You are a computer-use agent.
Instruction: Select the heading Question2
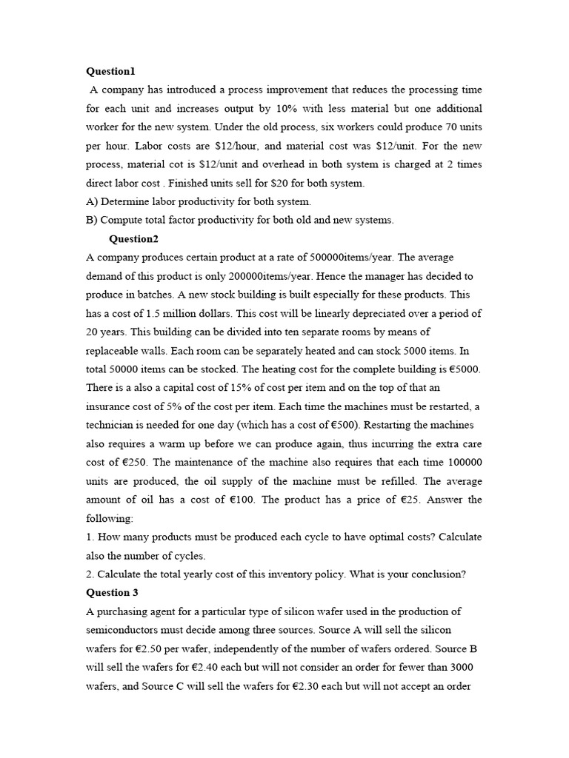[x=133, y=239]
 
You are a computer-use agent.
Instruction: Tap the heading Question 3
[x=112, y=593]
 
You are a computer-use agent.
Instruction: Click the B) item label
[x=92, y=220]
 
